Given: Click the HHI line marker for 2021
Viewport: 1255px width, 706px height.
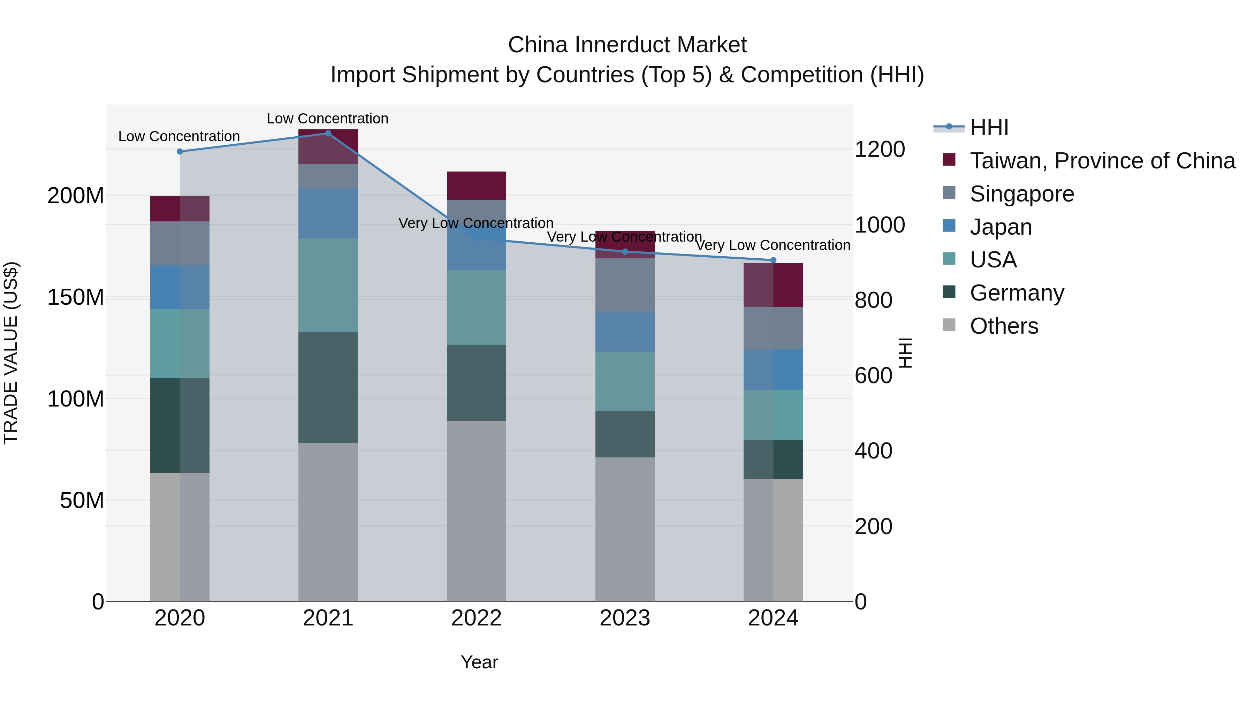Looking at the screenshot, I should [328, 134].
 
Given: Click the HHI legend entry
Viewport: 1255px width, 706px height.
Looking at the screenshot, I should [989, 128].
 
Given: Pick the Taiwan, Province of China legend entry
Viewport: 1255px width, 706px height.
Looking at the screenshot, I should [1102, 161].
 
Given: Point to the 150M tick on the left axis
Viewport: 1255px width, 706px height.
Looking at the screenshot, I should [76, 297].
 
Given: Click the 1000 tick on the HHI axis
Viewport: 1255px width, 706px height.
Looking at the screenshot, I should [880, 225].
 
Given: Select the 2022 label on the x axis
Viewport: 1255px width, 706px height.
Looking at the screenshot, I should [476, 618].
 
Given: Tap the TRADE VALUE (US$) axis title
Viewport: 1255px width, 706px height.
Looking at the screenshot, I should [11, 353].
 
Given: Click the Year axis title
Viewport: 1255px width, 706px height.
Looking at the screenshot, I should [479, 662].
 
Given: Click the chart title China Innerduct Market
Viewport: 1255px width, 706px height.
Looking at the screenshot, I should [627, 45].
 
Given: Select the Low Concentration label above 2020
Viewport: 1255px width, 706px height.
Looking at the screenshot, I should [179, 136].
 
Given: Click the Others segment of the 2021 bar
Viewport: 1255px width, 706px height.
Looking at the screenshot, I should [328, 521].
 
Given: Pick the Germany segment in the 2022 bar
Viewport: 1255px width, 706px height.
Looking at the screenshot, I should [476, 383].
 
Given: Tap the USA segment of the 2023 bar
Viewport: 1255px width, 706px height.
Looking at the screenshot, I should [625, 381].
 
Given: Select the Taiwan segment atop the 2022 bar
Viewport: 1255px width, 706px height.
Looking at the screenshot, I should [476, 185].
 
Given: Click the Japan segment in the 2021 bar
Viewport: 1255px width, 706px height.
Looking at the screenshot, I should [328, 213].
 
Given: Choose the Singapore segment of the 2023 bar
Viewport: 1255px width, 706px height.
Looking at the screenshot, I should [625, 285].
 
